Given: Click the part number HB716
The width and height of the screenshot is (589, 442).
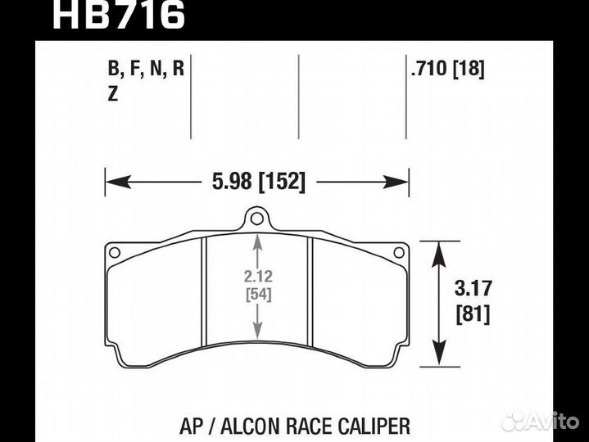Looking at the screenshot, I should (x=119, y=15).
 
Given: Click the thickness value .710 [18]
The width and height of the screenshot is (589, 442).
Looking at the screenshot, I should (x=448, y=70).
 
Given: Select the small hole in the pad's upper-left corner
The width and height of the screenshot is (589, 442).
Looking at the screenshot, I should (x=115, y=252).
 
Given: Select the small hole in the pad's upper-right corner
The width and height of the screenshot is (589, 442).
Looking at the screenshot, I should (x=400, y=252).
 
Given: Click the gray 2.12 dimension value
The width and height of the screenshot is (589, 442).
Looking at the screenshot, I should (x=258, y=277).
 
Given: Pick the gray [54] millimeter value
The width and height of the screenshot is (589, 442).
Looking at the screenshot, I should (x=258, y=295).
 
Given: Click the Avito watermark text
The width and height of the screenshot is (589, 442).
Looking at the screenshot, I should (x=552, y=421).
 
